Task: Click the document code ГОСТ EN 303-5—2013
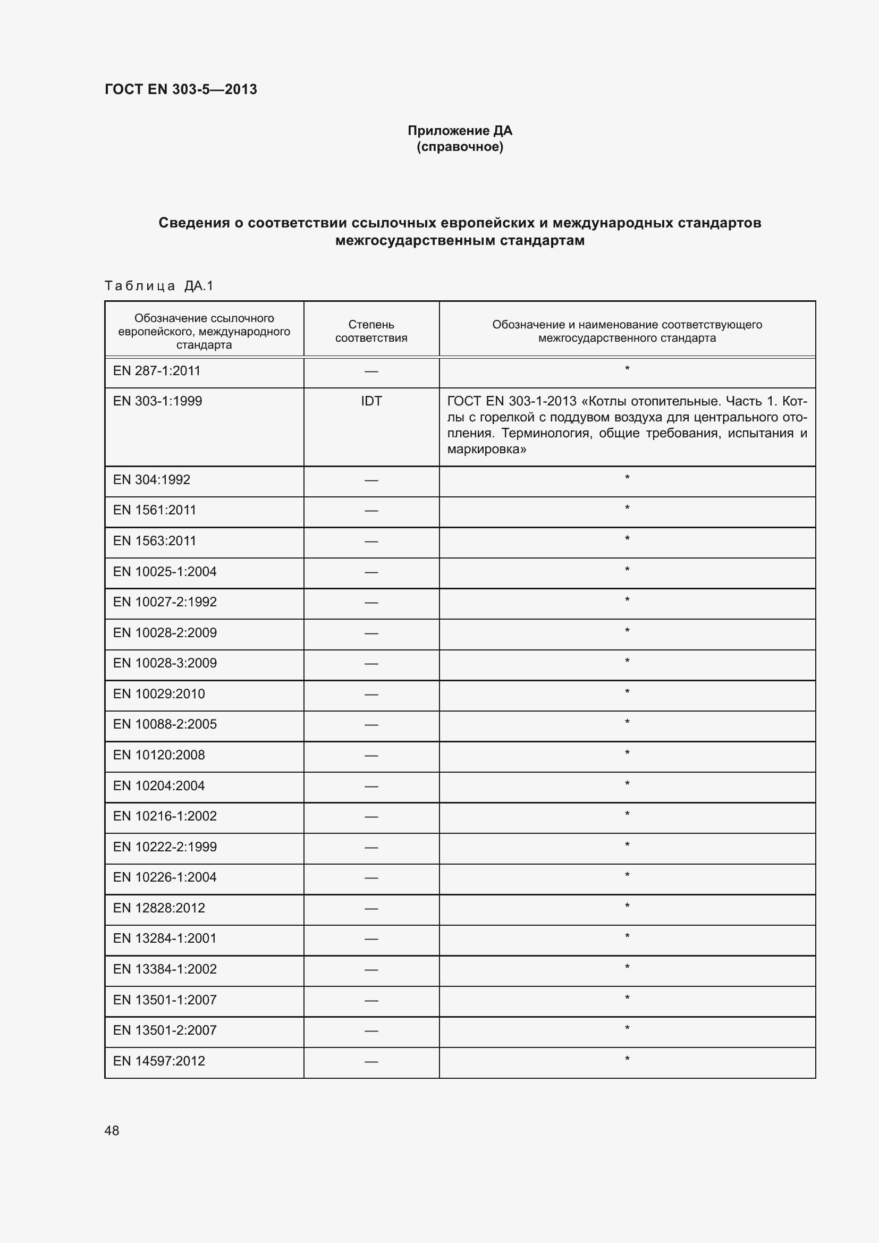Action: [x=181, y=89]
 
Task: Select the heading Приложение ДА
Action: [x=460, y=131]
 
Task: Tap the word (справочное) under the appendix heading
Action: [x=460, y=147]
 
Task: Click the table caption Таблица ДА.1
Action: [x=159, y=286]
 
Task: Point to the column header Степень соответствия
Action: [x=371, y=331]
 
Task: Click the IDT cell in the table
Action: [x=371, y=401]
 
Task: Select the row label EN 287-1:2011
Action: [x=156, y=371]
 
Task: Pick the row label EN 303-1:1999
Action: [x=157, y=401]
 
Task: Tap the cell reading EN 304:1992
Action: [x=151, y=480]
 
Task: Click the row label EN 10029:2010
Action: [x=158, y=694]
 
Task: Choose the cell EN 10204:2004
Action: [x=158, y=785]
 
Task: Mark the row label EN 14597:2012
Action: [x=158, y=1061]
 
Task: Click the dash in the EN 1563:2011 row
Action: [x=371, y=541]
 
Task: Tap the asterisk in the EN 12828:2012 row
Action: [x=627, y=907]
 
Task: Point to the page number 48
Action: [x=112, y=1130]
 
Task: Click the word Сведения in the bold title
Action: [x=194, y=223]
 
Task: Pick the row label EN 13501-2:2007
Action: [x=165, y=1030]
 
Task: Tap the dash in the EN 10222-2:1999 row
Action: [x=371, y=847]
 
